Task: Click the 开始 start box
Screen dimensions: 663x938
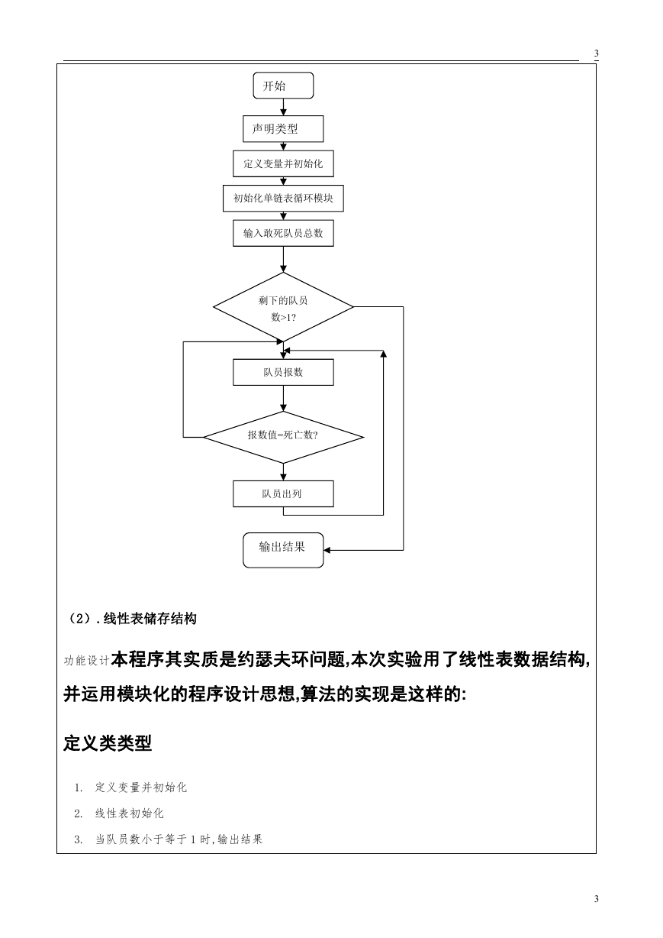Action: [x=283, y=86]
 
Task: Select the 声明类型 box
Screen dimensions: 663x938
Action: [x=283, y=129]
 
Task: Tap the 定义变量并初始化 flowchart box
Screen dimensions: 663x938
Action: [x=283, y=163]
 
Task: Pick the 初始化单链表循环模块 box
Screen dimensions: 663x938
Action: [x=283, y=199]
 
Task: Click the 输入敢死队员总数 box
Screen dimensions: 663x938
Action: [x=283, y=233]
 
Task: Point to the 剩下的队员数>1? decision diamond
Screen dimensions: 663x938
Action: [x=283, y=307]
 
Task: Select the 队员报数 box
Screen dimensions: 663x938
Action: [x=283, y=372]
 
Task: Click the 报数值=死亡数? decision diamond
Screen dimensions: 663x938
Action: [x=283, y=437]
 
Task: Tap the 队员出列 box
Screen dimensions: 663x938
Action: [x=283, y=493]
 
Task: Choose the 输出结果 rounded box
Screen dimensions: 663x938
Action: [x=283, y=550]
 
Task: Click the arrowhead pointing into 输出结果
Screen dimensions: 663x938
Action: [x=327, y=550]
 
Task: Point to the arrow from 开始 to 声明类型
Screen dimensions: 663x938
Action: [x=283, y=107]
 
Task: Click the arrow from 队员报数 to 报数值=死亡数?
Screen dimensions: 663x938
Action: [x=283, y=398]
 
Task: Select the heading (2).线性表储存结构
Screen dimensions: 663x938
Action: [x=132, y=619]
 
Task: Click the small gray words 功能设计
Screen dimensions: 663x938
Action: [x=86, y=661]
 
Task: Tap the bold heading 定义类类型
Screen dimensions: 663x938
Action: [x=108, y=743]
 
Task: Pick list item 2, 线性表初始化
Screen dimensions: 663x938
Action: [x=119, y=813]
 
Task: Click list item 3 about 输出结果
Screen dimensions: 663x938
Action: [x=168, y=839]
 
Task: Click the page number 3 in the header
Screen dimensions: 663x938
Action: [x=597, y=53]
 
